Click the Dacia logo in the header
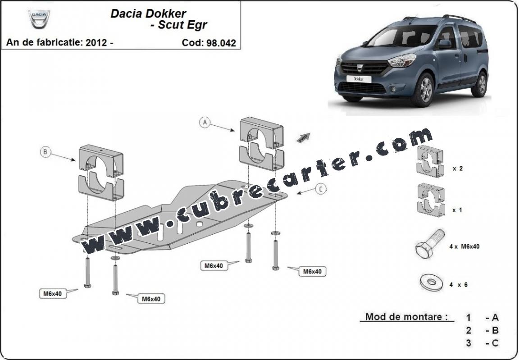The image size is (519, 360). point(39,18)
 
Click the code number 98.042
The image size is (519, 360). point(221,43)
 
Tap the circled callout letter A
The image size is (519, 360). point(205,123)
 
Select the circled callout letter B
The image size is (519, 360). point(46,152)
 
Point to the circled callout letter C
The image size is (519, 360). point(320,189)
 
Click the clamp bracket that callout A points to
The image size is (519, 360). point(262,144)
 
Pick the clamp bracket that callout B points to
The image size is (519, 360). point(101,173)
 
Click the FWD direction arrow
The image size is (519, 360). point(303,138)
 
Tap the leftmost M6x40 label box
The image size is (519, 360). point(53,293)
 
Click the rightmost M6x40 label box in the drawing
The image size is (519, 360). point(312,271)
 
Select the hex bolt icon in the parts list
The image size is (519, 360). point(429,244)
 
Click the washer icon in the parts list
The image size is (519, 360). point(431,282)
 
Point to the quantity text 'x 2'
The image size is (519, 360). point(458,169)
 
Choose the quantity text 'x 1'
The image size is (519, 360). point(457,210)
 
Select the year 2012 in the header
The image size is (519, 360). point(96,43)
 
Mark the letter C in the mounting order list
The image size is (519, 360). point(495,343)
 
